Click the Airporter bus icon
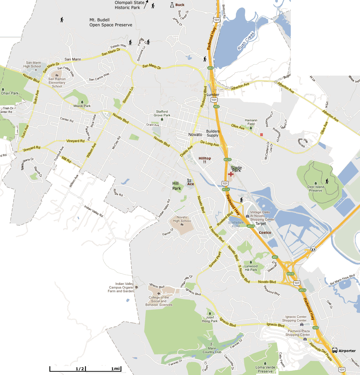click(x=335, y=350)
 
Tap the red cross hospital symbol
click(x=231, y=174)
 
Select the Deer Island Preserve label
click(x=316, y=189)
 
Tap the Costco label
click(x=265, y=232)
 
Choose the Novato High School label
click(x=181, y=219)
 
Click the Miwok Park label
click(x=82, y=106)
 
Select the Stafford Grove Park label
click(x=162, y=113)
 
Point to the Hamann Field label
click(x=251, y=122)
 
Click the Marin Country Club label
click(x=212, y=350)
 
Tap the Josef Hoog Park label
click(x=210, y=319)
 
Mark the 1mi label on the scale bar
click(x=115, y=369)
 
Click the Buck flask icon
click(x=172, y=5)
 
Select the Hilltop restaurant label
click(x=205, y=158)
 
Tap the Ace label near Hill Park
click(x=191, y=184)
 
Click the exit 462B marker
click(x=227, y=159)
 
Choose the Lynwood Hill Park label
click(x=251, y=268)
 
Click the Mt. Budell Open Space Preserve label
click(x=111, y=22)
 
